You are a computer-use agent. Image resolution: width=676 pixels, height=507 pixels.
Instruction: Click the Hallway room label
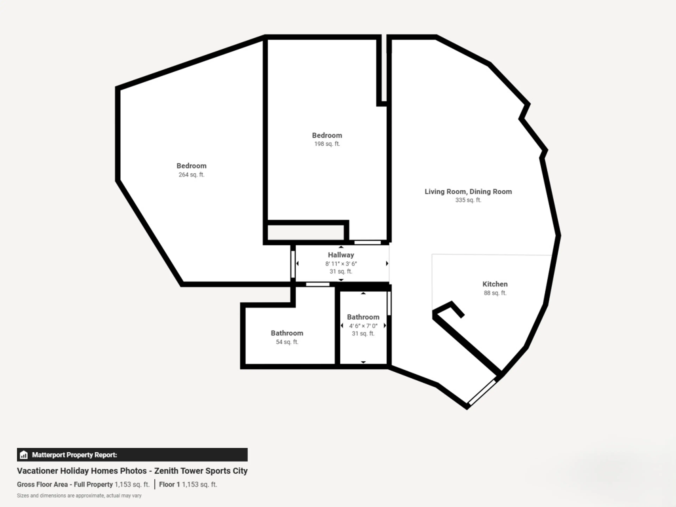[341, 255]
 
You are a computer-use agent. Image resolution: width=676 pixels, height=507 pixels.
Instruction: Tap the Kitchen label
[495, 284]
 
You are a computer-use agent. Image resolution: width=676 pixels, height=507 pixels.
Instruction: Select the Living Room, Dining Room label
[468, 192]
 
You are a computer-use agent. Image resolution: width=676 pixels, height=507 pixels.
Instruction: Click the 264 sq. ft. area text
[191, 174]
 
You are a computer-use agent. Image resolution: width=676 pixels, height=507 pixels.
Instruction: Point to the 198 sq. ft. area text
[327, 144]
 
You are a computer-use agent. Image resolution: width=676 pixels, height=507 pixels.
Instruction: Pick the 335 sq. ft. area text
[468, 200]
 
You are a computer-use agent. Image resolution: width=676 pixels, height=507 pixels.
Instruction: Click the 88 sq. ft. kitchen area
[495, 293]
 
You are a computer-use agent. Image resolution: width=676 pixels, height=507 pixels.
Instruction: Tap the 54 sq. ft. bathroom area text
[287, 342]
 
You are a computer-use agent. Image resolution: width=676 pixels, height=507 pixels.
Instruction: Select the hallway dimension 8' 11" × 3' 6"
[341, 263]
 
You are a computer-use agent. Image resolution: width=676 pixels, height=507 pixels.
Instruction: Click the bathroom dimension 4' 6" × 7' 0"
[363, 326]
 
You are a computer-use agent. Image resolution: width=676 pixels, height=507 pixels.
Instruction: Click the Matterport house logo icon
[24, 455]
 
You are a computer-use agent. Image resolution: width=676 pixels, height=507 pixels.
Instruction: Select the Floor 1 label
[169, 484]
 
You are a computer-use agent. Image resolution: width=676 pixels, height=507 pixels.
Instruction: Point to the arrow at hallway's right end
[387, 263]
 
